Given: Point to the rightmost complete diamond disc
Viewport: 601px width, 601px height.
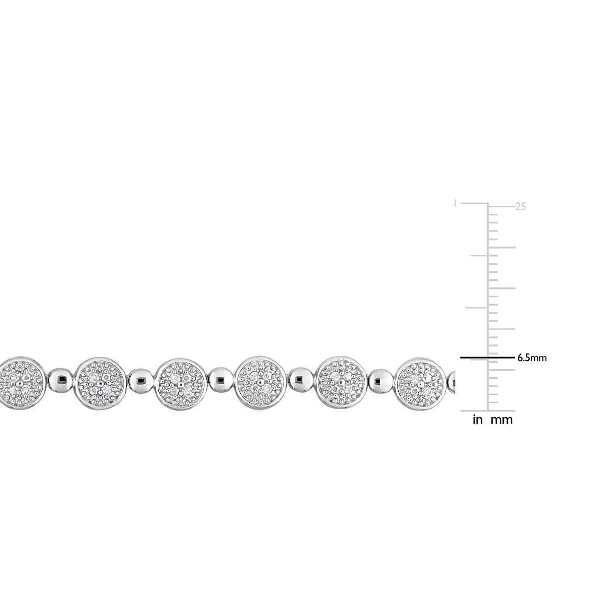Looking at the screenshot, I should [422, 383].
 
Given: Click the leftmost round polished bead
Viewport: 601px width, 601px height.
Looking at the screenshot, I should [61, 383].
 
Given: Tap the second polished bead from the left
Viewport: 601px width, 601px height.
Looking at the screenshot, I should [141, 383].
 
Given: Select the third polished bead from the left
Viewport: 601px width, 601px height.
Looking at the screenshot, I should [222, 383].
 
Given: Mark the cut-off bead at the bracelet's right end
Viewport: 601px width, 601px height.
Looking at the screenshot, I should [454, 383].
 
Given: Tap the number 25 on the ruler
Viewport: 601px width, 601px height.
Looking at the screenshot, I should [521, 206].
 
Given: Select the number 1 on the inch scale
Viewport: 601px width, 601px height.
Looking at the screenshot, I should [455, 204].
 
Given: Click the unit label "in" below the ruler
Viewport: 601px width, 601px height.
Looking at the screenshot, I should [478, 420].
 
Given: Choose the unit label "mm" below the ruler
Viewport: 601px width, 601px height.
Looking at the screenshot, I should [501, 420].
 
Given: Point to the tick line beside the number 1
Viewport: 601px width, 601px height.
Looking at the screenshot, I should [474, 203].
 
